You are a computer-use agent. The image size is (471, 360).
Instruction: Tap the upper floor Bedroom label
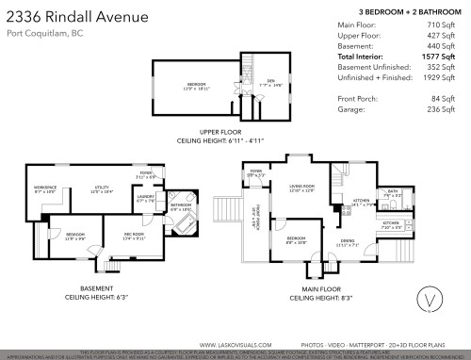(x=196, y=86)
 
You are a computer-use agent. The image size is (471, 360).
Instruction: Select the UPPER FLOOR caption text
(x=221, y=132)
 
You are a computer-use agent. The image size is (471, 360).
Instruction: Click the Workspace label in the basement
(x=45, y=189)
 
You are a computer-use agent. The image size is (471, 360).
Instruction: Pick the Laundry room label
(x=146, y=200)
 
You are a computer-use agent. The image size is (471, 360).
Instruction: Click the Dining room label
(x=348, y=242)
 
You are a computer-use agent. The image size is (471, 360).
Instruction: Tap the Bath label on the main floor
(x=393, y=194)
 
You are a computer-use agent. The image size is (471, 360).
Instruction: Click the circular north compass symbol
(x=429, y=302)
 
